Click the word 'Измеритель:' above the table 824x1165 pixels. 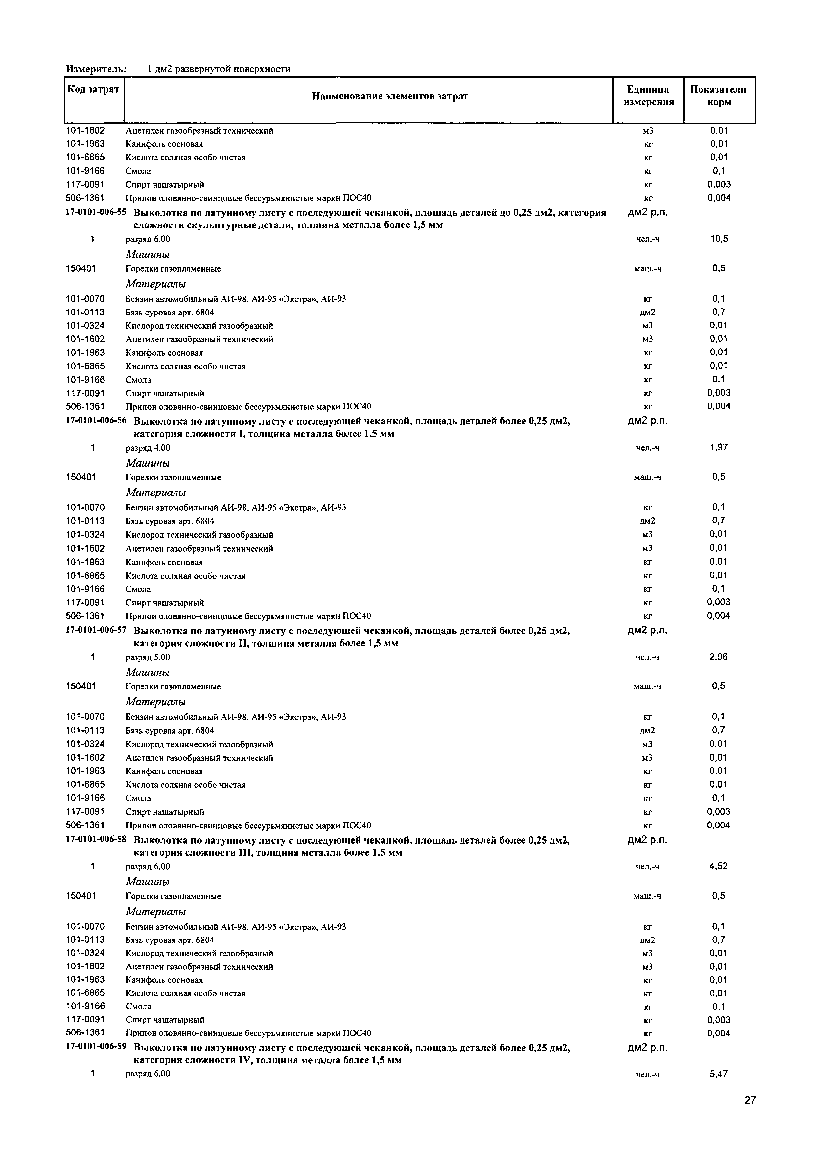pos(96,69)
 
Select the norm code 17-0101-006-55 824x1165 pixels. pos(96,212)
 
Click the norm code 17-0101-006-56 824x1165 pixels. pos(96,421)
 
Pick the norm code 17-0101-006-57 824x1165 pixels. pos(96,630)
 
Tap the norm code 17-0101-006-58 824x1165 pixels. pos(96,840)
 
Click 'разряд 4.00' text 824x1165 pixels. pos(148,448)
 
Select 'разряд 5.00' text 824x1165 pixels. pos(148,658)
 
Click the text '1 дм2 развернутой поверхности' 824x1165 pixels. pos(219,69)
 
